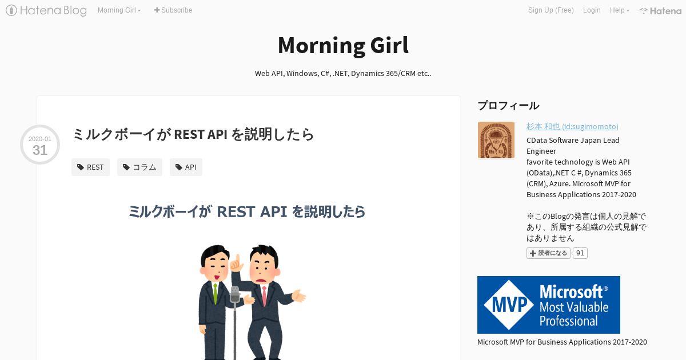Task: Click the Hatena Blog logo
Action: coord(46,10)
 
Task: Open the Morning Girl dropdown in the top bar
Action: coord(119,10)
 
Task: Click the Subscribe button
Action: coord(173,10)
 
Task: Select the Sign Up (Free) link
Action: coord(551,10)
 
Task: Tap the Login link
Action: coord(592,10)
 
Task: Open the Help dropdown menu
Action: coord(620,10)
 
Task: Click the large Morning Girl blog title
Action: coord(343,45)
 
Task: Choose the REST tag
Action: coord(90,167)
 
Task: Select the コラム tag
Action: coord(139,167)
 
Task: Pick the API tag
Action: coord(186,167)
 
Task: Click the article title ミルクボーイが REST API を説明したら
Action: coord(193,134)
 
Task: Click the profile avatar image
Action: coord(496,140)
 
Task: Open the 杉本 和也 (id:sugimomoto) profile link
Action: coord(572,126)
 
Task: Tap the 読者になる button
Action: coord(548,253)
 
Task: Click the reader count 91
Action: coord(580,253)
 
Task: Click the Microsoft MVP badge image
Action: coord(548,305)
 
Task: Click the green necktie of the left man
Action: coord(216,293)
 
